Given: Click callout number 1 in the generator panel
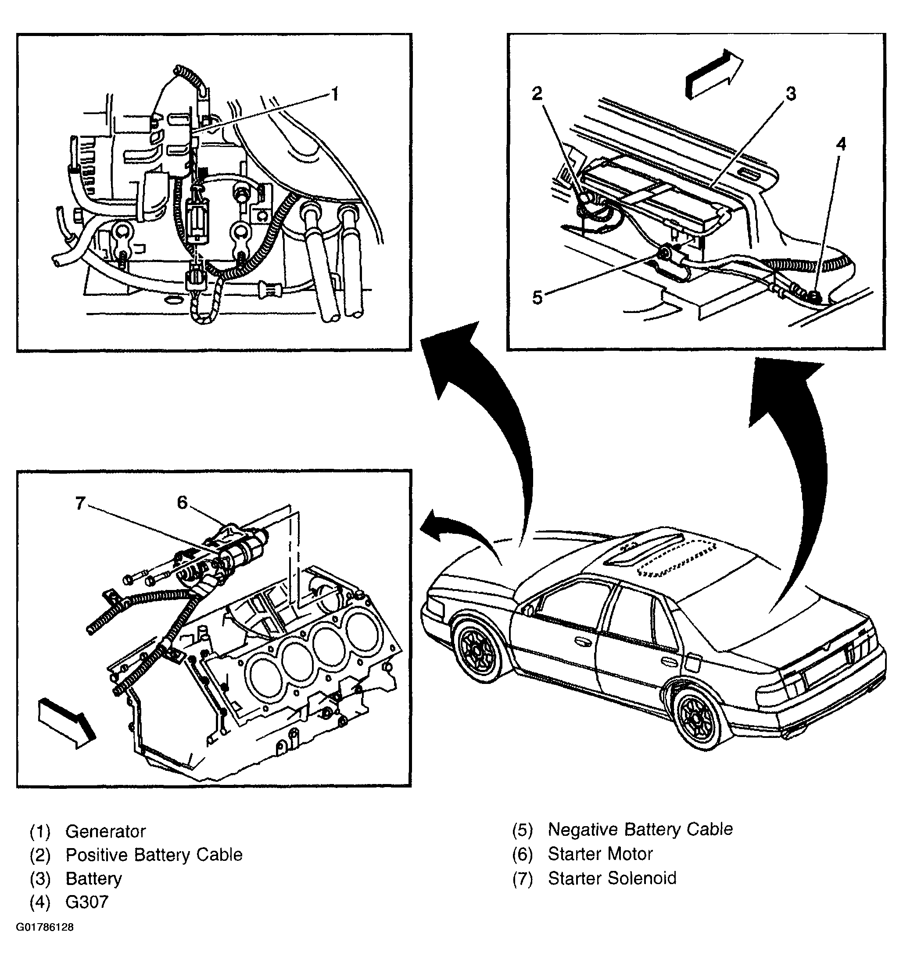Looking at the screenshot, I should click(x=334, y=94).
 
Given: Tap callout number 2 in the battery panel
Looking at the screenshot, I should click(x=537, y=94).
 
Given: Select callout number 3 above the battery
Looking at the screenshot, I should click(x=791, y=94).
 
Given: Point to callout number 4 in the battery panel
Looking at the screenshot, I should click(x=841, y=144).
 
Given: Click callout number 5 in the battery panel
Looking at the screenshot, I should click(x=537, y=298).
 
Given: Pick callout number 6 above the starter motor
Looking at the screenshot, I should click(x=182, y=503).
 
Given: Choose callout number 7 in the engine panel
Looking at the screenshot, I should click(x=80, y=504).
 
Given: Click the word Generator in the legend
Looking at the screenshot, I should click(x=105, y=831).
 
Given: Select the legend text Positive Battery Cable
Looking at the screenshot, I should click(x=154, y=854).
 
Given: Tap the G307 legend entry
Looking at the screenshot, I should click(x=87, y=902).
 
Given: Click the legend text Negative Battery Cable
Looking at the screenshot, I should click(x=640, y=829).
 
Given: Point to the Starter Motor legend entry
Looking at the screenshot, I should click(x=600, y=853).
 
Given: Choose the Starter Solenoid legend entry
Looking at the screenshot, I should click(x=612, y=878).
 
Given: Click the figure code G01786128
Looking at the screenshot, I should click(x=45, y=927).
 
